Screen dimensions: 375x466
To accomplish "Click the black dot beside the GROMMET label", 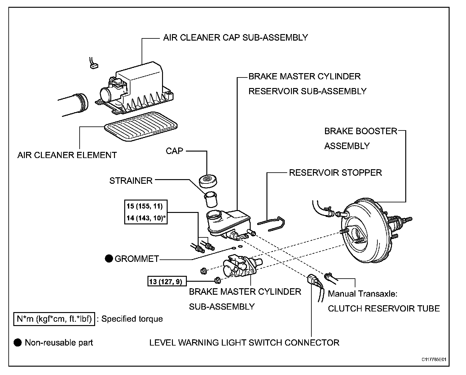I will [x=109, y=258].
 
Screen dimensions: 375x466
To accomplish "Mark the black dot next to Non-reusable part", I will [x=18, y=342].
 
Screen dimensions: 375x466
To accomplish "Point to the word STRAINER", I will [x=131, y=181].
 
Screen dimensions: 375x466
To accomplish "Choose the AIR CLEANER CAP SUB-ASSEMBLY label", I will [x=235, y=37].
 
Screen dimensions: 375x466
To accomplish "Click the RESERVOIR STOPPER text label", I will [x=335, y=173].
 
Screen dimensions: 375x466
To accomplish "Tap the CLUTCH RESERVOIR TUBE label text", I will [x=384, y=309].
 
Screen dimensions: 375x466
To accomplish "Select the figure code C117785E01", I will [x=433, y=360].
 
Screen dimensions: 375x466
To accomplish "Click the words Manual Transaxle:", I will [x=362, y=293].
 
